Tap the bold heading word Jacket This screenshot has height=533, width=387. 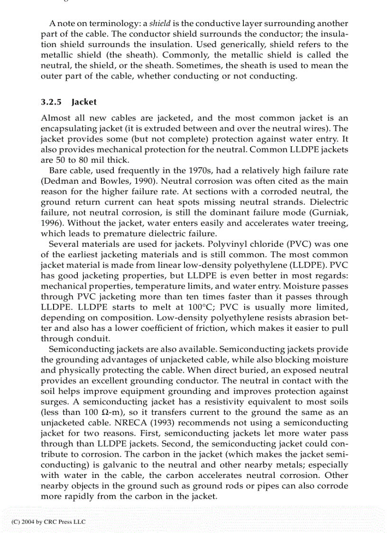click(84, 102)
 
